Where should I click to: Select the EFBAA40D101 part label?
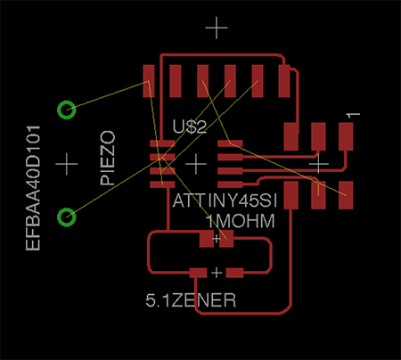click(x=33, y=188)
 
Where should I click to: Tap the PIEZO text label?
click(x=108, y=158)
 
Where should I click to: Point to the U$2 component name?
click(x=190, y=127)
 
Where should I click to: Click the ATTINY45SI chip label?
click(x=225, y=200)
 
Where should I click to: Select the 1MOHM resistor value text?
click(x=240, y=221)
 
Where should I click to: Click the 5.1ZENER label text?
click(x=191, y=300)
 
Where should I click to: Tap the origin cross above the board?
click(x=217, y=28)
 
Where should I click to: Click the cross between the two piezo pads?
click(x=67, y=164)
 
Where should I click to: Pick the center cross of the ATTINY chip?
click(x=196, y=164)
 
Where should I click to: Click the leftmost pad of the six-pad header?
click(x=149, y=81)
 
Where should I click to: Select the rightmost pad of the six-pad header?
click(x=284, y=81)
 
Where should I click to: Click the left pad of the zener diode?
click(x=198, y=273)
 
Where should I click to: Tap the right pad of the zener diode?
click(x=234, y=273)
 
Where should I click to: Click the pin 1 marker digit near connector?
click(x=353, y=115)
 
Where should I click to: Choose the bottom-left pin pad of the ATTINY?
click(x=162, y=184)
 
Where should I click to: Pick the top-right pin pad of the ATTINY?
click(x=230, y=143)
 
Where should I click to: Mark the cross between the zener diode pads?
click(x=217, y=273)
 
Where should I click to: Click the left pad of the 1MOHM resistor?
click(x=207, y=239)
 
